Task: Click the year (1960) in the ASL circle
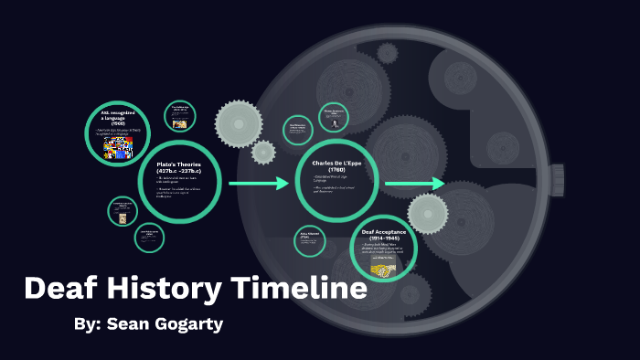118,124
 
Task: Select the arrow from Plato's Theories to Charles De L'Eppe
258,185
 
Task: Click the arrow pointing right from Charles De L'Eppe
414,185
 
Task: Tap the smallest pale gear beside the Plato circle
263,153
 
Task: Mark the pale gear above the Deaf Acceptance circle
428,214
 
